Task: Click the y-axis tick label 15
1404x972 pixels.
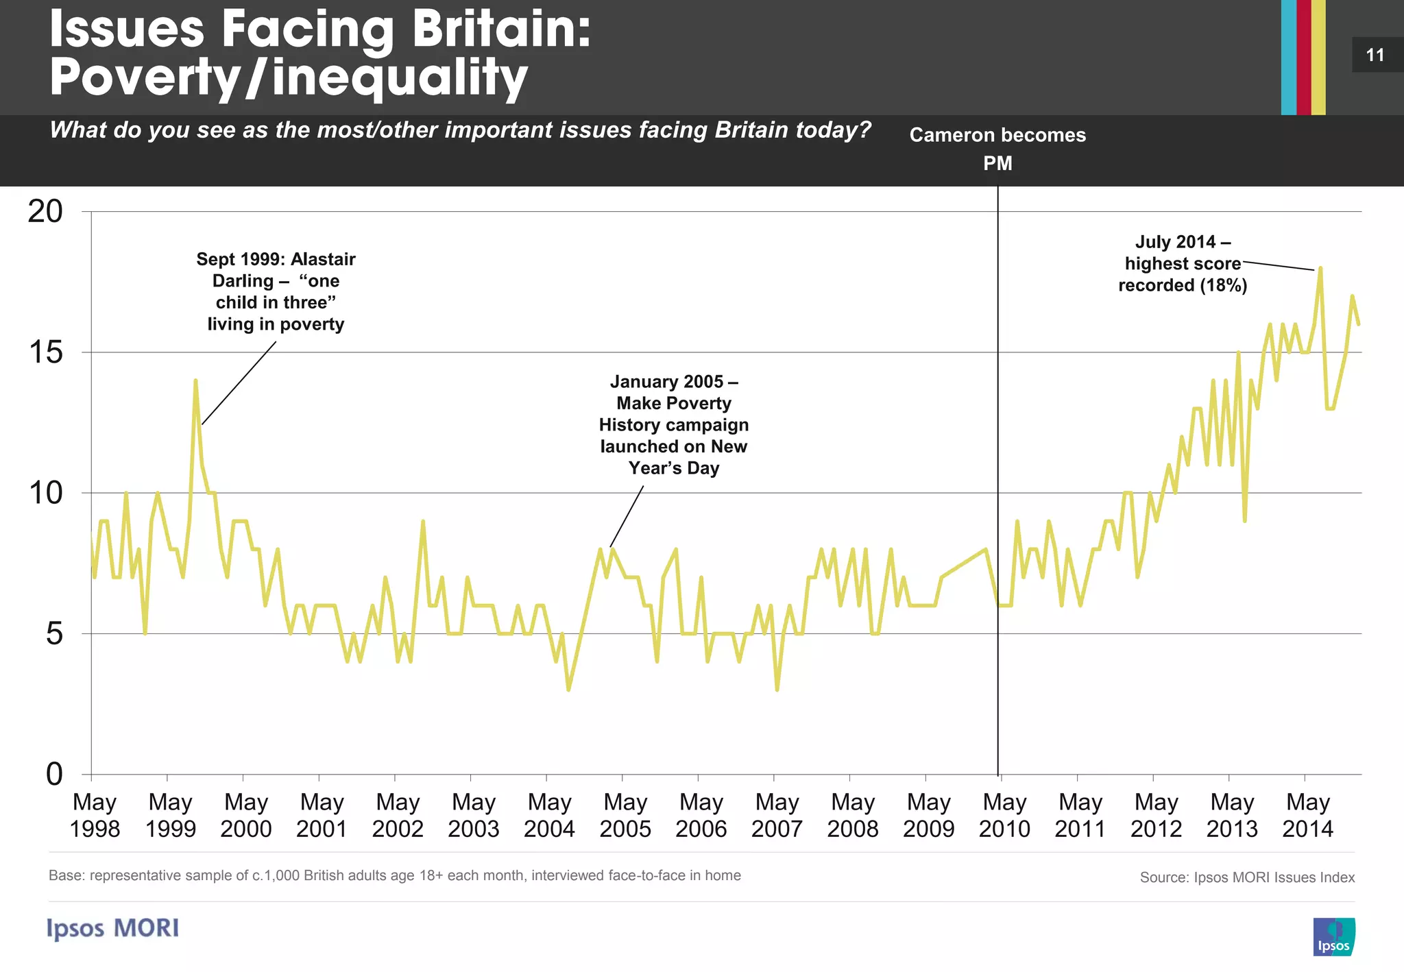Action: (45, 352)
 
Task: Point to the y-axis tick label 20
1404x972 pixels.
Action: (45, 211)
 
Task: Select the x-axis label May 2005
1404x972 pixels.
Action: (625, 815)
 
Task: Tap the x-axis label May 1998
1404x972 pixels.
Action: (95, 815)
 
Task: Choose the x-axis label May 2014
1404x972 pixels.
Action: (1308, 815)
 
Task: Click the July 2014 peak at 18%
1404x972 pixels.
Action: (1320, 269)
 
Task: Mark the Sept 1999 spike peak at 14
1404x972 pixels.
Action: (195, 380)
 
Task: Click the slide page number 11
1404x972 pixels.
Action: (1375, 55)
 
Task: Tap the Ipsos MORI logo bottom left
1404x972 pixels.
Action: (113, 928)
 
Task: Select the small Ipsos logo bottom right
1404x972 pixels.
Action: (1334, 936)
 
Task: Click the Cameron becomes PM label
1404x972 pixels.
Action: (997, 149)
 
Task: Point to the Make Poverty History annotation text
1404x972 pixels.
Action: (674, 424)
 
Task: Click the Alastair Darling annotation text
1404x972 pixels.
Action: (276, 291)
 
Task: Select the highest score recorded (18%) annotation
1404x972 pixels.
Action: (1183, 264)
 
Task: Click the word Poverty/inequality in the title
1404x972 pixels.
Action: (289, 77)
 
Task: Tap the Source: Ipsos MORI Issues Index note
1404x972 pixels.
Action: (1247, 877)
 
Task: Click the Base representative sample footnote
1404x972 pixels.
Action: (394, 875)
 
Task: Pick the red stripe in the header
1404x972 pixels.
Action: (1303, 57)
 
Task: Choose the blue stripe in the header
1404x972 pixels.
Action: (1288, 57)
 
